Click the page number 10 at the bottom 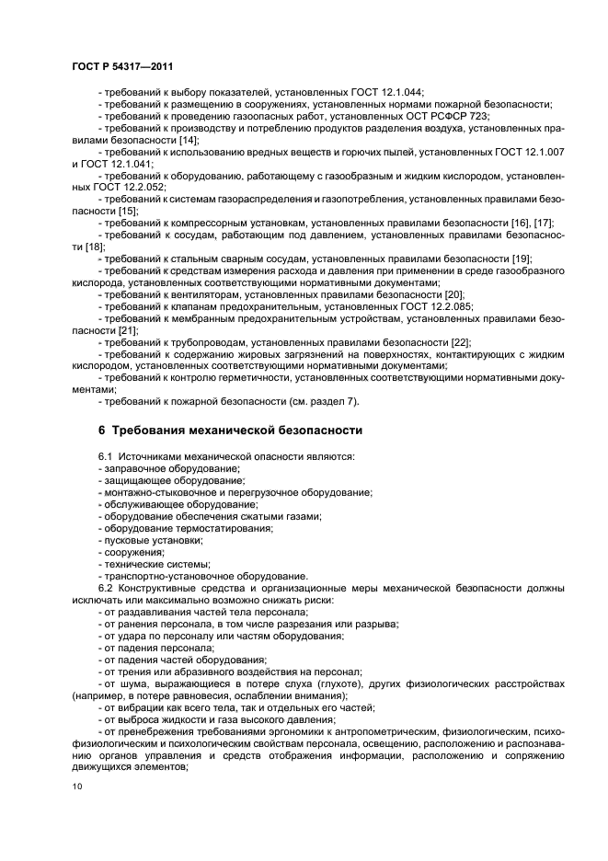click(x=77, y=786)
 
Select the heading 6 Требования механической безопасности click(x=230, y=430)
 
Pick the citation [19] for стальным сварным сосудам click(x=522, y=258)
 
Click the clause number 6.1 click(x=106, y=456)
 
